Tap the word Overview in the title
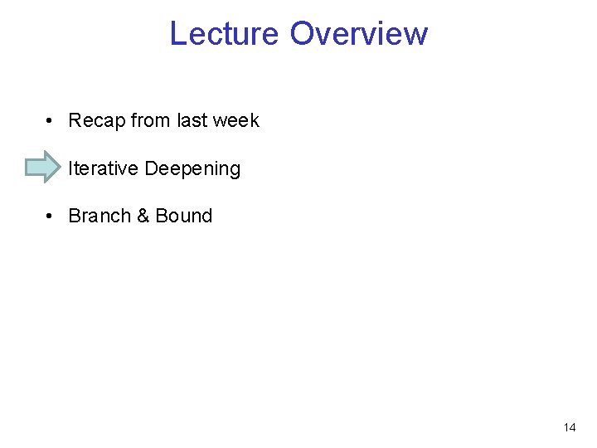pos(359,34)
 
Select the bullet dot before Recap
pos(51,121)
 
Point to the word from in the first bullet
pos(150,121)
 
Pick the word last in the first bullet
pos(192,121)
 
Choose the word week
pos(235,121)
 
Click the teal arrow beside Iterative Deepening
pos(43,168)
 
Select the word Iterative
pos(104,168)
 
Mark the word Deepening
pos(192,169)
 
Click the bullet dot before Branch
pos(51,217)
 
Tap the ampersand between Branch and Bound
pos(143,216)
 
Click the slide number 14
pos(569,428)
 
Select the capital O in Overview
pos(303,34)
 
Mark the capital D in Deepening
pos(152,168)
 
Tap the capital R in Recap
pos(75,121)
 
